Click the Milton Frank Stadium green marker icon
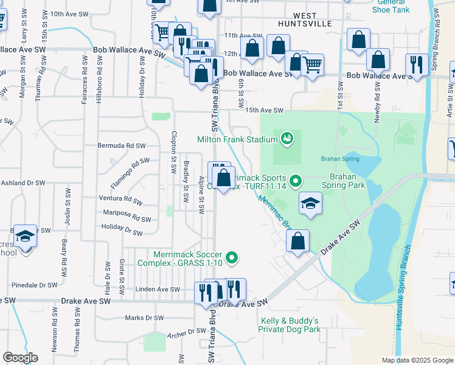(288, 139)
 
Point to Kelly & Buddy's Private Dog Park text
(290, 325)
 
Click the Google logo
(20, 358)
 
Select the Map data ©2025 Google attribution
(417, 360)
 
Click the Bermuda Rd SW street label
(122, 146)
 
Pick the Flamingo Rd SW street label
(130, 172)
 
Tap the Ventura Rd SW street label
(122, 199)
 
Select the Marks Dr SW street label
(144, 318)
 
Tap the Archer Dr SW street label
(189, 332)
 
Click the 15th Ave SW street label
(265, 111)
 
